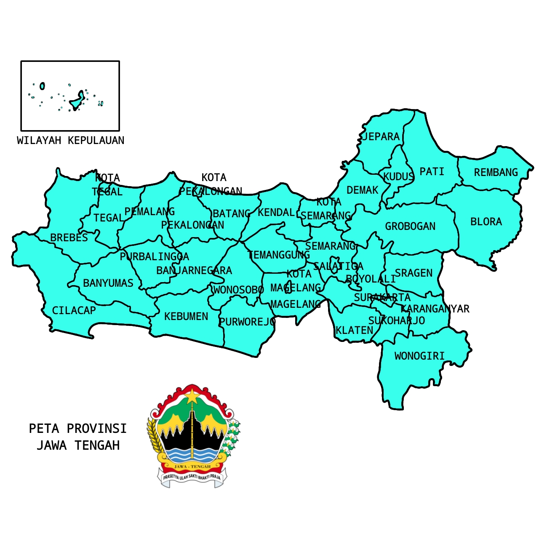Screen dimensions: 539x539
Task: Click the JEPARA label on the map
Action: tap(381, 136)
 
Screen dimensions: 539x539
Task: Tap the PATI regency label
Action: tap(432, 171)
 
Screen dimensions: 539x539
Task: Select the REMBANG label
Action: tap(496, 172)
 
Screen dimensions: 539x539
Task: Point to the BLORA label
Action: tap(486, 221)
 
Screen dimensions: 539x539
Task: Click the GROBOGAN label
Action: tap(410, 226)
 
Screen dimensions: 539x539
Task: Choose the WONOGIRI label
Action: tap(419, 356)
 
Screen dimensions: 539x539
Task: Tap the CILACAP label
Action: tap(74, 310)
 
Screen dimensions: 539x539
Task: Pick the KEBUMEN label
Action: tap(186, 316)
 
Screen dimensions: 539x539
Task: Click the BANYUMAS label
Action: tap(108, 283)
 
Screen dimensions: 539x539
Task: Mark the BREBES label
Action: tap(69, 237)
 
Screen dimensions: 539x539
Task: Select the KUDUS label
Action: tap(398, 176)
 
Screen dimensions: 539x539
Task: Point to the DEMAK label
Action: tap(362, 190)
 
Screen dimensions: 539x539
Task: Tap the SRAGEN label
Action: tap(414, 273)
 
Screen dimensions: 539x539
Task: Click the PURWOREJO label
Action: tap(247, 322)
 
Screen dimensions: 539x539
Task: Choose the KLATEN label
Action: tap(354, 330)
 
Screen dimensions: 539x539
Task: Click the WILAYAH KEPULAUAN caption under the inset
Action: tap(71, 140)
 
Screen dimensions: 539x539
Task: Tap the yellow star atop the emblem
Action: tap(192, 396)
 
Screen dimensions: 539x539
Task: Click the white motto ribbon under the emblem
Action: tap(192, 478)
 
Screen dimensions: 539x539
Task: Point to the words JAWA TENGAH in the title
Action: tap(78, 445)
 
